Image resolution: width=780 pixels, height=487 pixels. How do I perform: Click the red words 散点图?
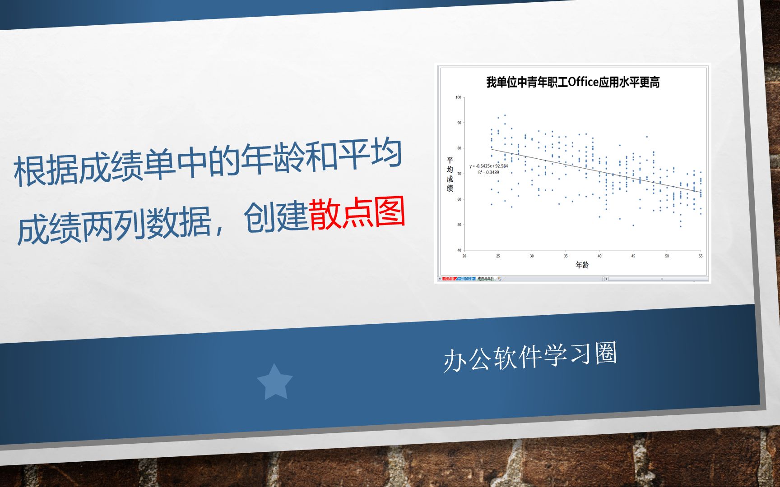click(357, 213)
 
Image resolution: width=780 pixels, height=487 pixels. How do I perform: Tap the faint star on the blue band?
click(274, 382)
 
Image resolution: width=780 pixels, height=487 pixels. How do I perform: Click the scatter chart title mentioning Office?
click(573, 82)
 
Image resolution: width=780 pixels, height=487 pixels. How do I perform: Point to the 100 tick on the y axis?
click(458, 97)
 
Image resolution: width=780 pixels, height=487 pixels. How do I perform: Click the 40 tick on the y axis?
click(459, 250)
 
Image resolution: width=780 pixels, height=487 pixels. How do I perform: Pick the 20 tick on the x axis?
click(464, 256)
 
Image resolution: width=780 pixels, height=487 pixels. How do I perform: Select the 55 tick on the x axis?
click(701, 256)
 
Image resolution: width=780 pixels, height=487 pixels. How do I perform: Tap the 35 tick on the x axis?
click(566, 256)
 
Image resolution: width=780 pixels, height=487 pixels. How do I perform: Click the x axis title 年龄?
click(582, 265)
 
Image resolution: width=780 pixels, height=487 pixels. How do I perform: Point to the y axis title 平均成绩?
click(450, 174)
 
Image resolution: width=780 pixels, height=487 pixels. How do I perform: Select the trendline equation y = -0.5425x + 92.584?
click(488, 166)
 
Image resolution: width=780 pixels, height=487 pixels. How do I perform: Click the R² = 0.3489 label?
click(488, 172)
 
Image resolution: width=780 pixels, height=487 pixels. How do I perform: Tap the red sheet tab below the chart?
click(448, 279)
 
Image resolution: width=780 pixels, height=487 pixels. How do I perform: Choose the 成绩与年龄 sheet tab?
click(485, 279)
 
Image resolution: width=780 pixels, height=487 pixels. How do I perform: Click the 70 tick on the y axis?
click(459, 174)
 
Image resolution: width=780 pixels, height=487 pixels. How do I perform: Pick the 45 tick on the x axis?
click(633, 256)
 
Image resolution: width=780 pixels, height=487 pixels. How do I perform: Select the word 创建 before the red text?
click(275, 217)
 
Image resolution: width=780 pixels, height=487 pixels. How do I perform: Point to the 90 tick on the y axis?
click(459, 123)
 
